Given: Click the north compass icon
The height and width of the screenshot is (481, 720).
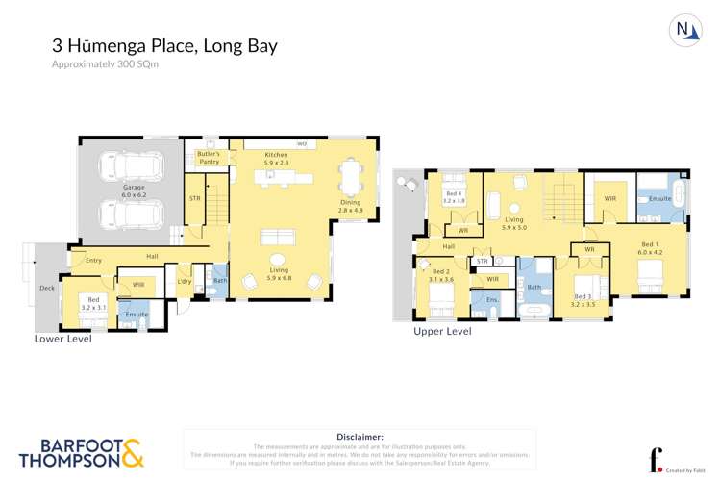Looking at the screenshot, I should (683, 31).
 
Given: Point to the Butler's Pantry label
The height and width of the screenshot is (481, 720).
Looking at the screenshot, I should (209, 158).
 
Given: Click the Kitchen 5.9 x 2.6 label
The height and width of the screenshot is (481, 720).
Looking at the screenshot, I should (276, 159).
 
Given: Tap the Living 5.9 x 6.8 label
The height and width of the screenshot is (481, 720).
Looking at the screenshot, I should (279, 274).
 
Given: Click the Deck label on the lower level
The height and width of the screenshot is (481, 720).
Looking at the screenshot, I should (46, 288).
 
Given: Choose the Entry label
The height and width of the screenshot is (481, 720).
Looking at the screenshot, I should (93, 260).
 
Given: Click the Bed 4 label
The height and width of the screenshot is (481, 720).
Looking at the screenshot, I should (453, 197).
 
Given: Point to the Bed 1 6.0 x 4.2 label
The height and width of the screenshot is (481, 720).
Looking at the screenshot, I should (650, 249).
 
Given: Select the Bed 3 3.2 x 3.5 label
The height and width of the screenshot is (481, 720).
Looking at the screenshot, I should (583, 300).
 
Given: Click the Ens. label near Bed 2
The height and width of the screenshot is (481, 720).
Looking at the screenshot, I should (490, 300).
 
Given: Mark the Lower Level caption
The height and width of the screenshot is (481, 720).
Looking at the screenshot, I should (64, 339).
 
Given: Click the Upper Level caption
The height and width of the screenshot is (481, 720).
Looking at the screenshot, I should (442, 331).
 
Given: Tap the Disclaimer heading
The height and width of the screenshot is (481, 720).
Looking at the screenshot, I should (360, 436).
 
